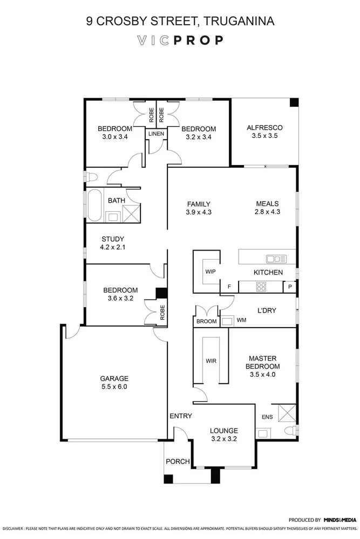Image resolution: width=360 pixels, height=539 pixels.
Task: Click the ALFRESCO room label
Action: coord(264,128)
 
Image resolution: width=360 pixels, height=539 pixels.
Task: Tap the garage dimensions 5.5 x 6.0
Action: coord(114,386)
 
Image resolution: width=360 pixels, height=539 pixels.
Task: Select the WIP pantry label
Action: coord(210,272)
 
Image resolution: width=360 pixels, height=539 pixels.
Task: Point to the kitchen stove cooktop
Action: coord(262,287)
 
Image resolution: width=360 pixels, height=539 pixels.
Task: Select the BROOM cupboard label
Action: coord(207,322)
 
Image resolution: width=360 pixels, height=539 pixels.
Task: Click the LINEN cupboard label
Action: coord(156,134)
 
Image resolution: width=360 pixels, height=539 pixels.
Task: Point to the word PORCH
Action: coord(178,461)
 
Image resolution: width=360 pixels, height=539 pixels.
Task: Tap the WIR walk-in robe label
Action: coord(210,361)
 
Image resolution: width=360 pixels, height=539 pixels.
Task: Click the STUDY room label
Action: coord(112,239)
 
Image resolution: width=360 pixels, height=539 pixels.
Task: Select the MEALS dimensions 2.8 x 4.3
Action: coord(267,212)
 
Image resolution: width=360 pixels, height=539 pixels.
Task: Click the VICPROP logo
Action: coord(180,40)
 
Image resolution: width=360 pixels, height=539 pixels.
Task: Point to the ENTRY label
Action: coord(180,416)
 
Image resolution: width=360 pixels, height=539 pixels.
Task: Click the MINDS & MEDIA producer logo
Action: coord(340,520)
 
